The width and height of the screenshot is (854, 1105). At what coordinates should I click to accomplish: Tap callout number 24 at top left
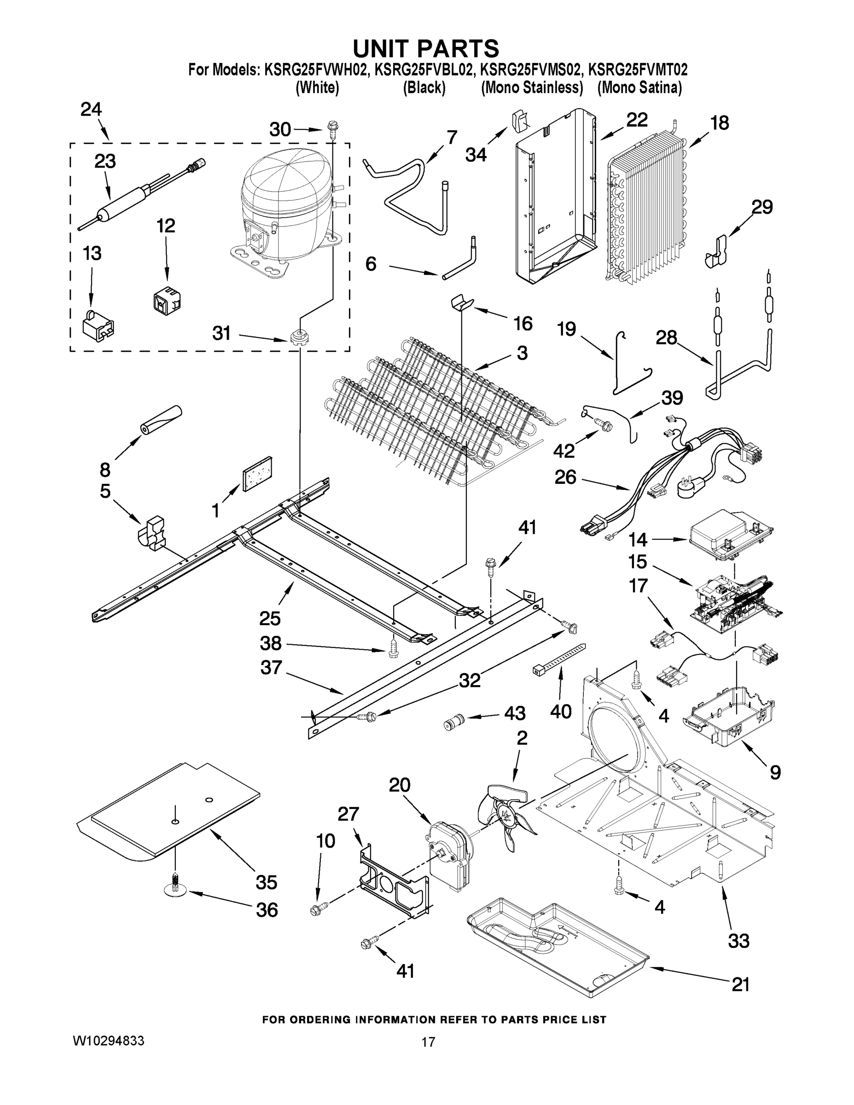tap(91, 109)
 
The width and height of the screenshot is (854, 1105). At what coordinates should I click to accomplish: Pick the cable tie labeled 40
tap(559, 659)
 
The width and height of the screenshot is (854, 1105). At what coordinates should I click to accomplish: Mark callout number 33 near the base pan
tap(738, 941)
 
